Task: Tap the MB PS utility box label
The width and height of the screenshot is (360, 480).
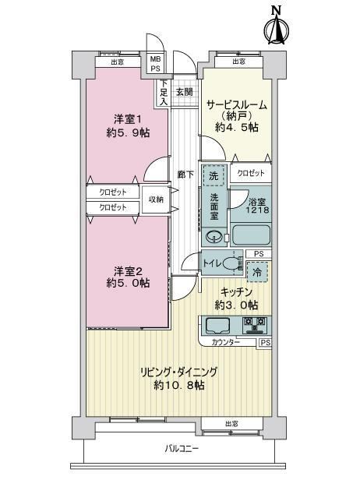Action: pyautogui.click(x=155, y=63)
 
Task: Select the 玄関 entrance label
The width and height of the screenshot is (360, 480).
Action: pyautogui.click(x=185, y=91)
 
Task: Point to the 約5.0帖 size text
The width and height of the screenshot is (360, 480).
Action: pyautogui.click(x=129, y=283)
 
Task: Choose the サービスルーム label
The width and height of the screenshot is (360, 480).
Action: pyautogui.click(x=237, y=105)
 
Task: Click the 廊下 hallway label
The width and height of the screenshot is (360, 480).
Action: pyautogui.click(x=185, y=175)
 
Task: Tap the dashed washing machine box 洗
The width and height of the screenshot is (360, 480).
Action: pyautogui.click(x=214, y=175)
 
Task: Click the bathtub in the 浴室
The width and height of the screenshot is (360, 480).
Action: pyautogui.click(x=251, y=235)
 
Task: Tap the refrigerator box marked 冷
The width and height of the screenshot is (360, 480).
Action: pyautogui.click(x=257, y=272)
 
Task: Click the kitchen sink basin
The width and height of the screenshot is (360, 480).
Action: pyautogui.click(x=218, y=326)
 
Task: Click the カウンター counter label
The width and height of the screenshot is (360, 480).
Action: pyautogui.click(x=226, y=342)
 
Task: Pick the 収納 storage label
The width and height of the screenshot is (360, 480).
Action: pyautogui.click(x=156, y=199)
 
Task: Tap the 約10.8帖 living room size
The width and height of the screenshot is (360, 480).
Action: pyautogui.click(x=179, y=385)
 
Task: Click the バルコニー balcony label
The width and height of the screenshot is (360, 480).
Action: pyautogui.click(x=182, y=449)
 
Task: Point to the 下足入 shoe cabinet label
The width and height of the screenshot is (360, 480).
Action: pyautogui.click(x=164, y=92)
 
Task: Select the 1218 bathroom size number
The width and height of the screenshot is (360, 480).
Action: pyautogui.click(x=258, y=210)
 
